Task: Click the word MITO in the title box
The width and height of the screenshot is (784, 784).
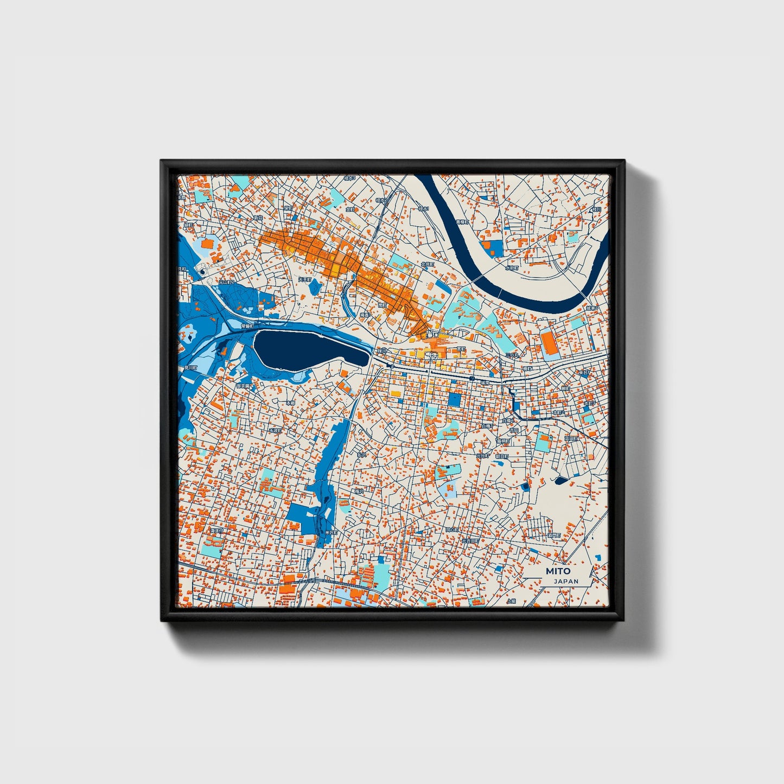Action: click(558, 571)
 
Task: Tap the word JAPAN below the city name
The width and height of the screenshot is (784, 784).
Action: click(566, 581)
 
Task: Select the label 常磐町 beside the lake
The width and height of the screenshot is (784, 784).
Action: click(247, 326)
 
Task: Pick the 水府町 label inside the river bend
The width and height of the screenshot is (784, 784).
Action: click(512, 267)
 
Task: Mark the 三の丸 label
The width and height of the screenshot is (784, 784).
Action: click(512, 355)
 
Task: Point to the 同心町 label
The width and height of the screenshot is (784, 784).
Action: click(452, 529)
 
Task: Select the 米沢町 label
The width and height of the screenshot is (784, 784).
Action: click(330, 533)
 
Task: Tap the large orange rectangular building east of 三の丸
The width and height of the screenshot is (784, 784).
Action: click(549, 343)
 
